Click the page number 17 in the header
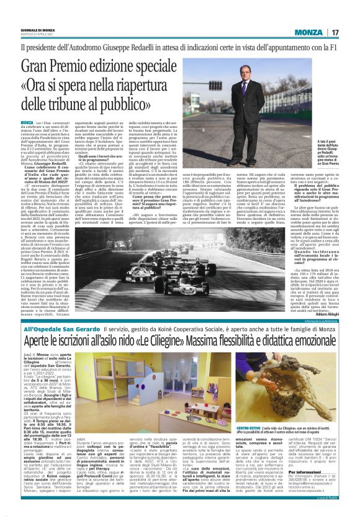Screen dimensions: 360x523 point(335,32)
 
